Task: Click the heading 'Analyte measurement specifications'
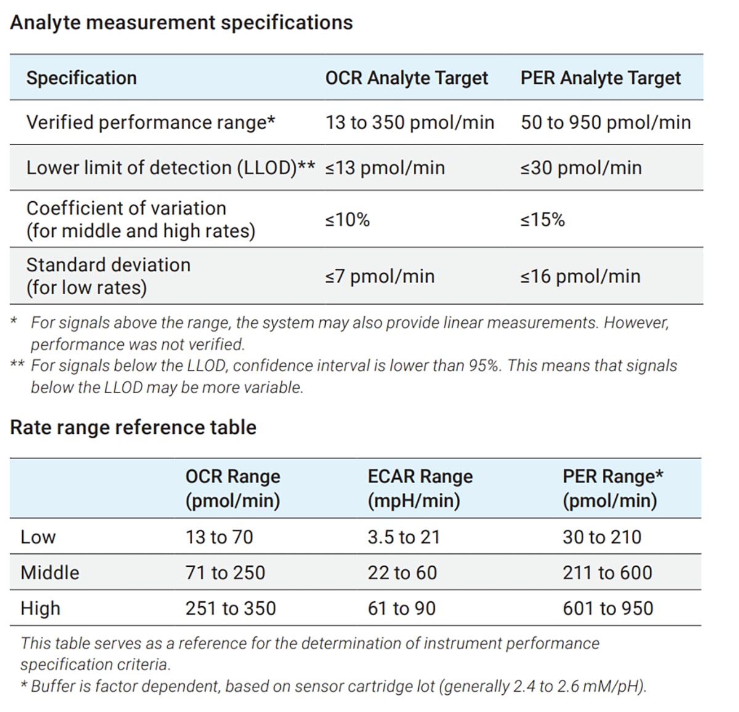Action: pos(181,23)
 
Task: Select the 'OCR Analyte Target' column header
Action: pos(406,78)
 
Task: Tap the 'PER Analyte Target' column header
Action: pos(600,78)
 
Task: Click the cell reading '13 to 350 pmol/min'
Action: pos(410,122)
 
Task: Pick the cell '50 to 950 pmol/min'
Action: pos(605,122)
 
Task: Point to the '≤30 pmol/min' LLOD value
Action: pos(581,167)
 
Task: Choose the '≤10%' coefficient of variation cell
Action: pos(347,220)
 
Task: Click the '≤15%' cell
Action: pos(542,220)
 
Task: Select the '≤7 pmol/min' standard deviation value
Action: pos(380,276)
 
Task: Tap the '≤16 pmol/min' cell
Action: pos(580,276)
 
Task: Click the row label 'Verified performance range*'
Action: pos(150,122)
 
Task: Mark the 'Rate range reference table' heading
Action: pos(133,427)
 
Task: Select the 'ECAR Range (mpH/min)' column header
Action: pos(420,488)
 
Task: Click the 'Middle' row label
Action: pos(50,572)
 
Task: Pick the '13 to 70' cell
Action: pos(219,537)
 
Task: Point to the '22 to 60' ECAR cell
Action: pos(402,572)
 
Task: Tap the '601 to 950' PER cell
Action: pos(607,608)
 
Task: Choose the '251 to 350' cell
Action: pos(230,608)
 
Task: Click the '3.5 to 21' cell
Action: pos(404,537)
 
